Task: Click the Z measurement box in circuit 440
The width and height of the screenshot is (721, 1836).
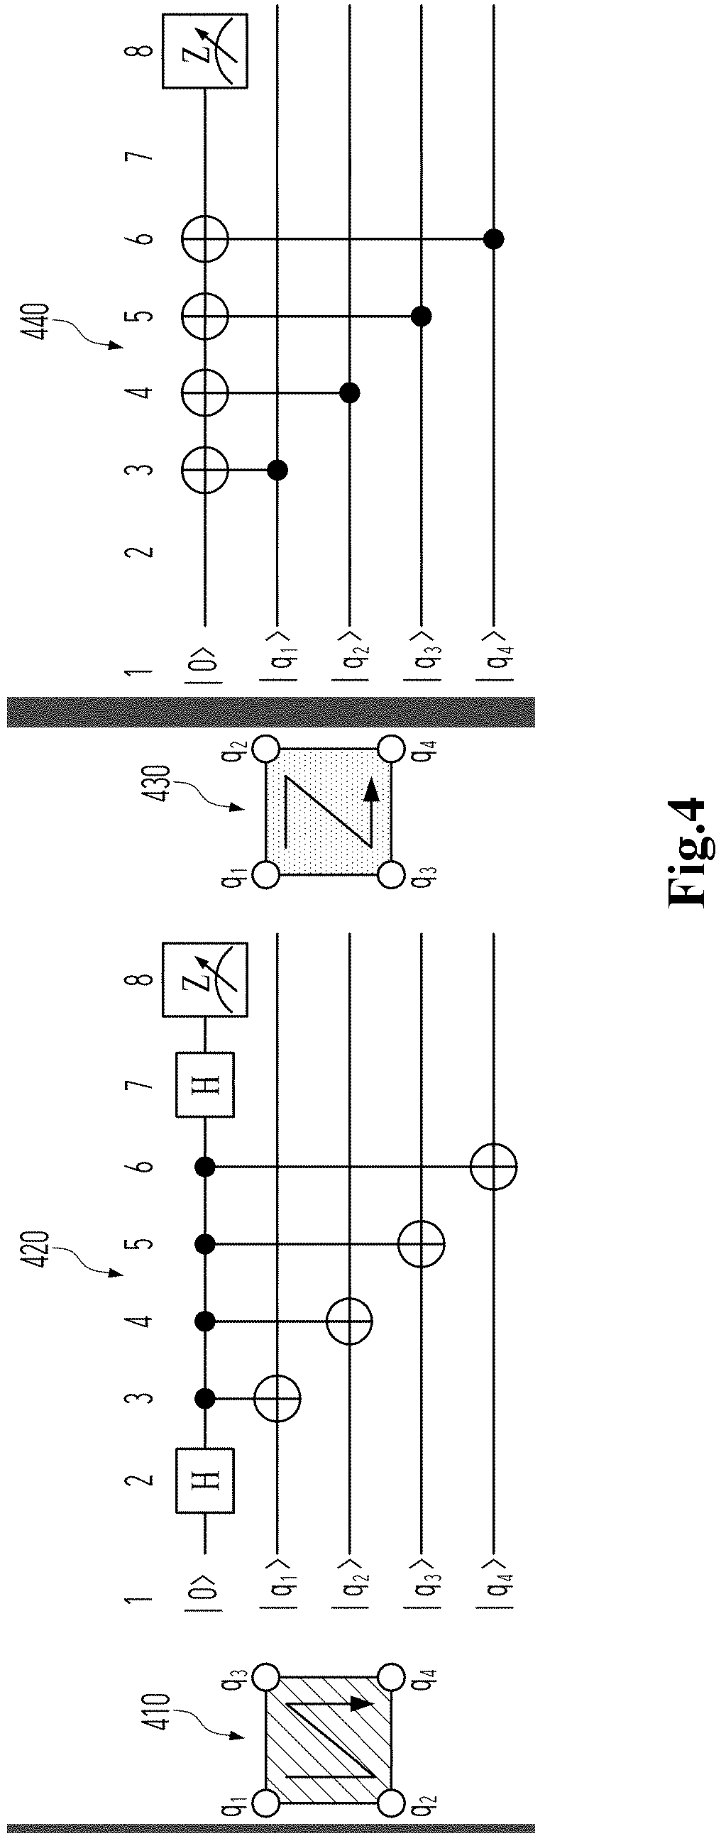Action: point(205,52)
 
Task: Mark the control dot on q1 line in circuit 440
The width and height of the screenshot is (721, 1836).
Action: point(277,469)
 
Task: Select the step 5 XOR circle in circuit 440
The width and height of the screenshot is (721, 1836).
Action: point(205,315)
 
